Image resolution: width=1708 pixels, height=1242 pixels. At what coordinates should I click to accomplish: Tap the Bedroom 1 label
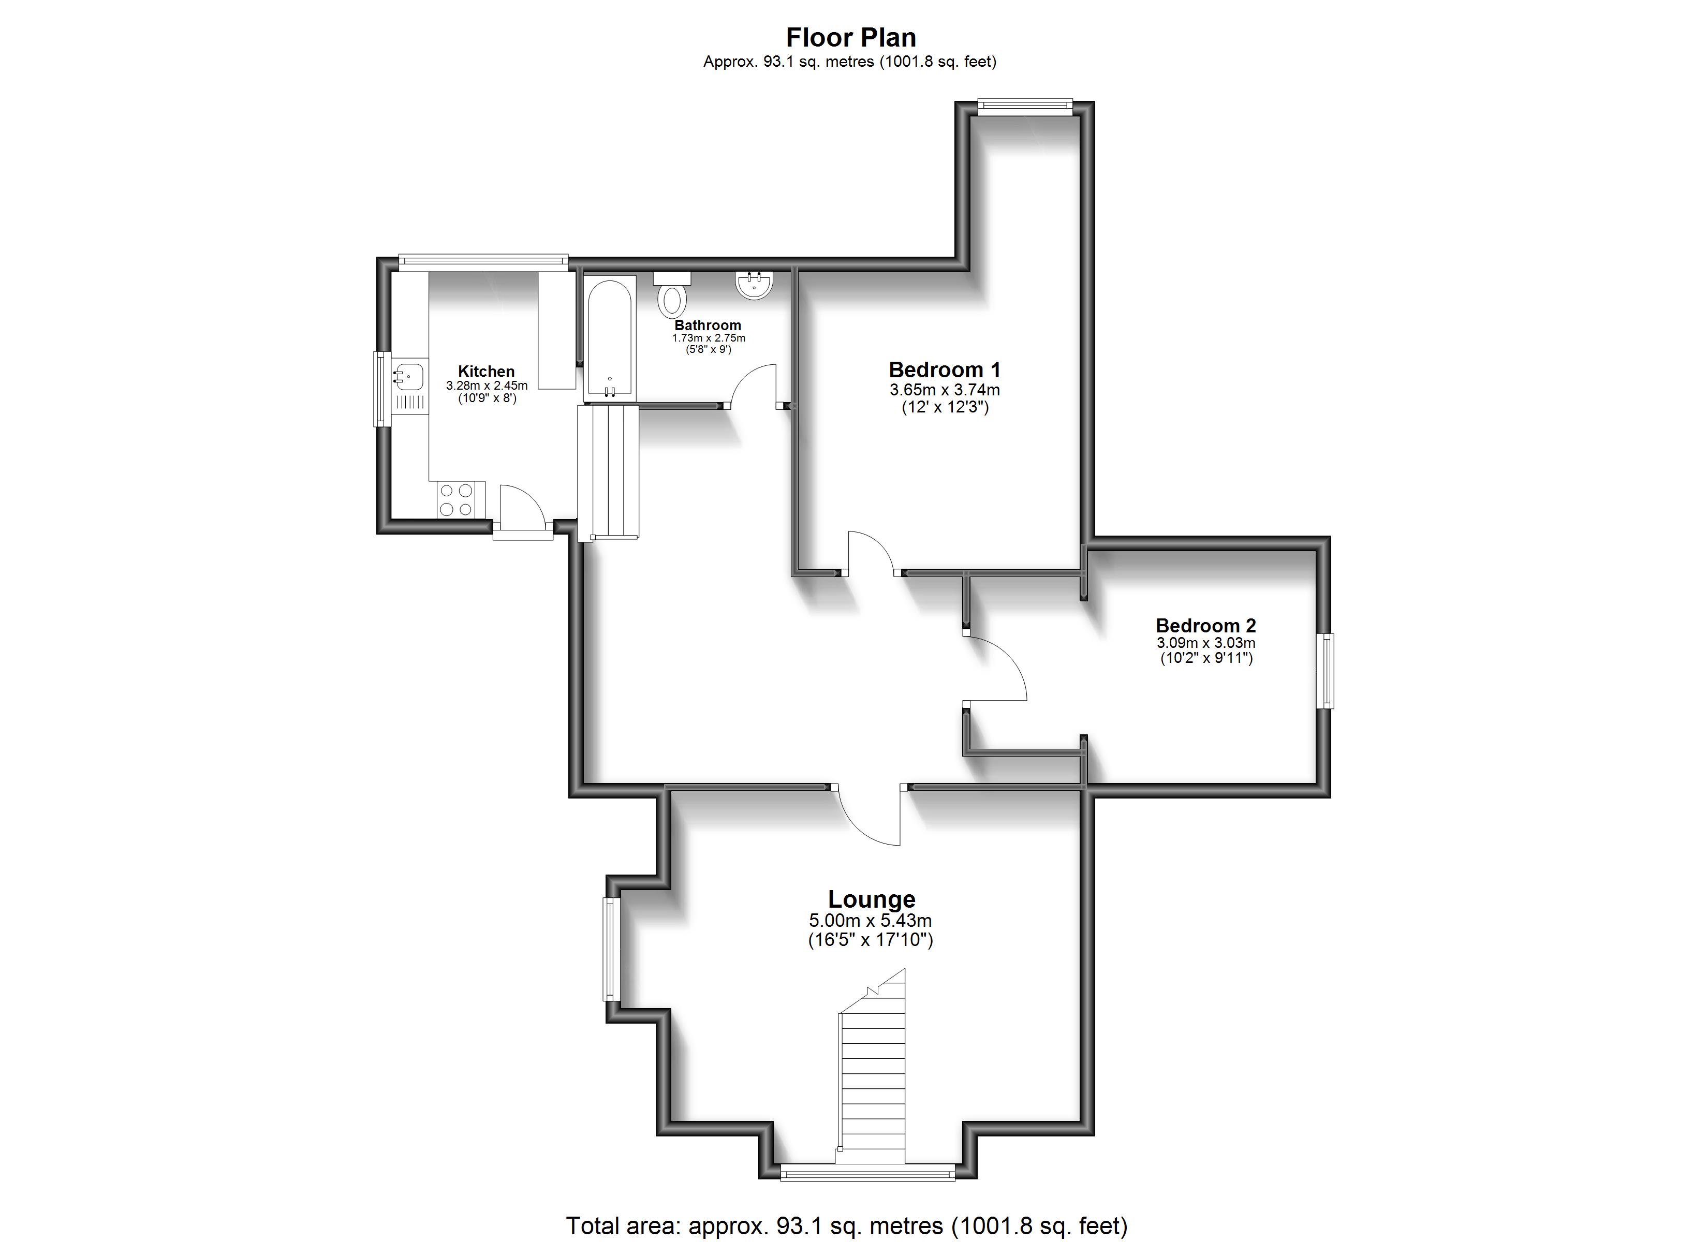pos(945,370)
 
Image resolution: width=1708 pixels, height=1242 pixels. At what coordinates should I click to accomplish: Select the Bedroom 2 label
pos(1205,625)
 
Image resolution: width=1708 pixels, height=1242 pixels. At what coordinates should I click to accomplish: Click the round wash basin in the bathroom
pos(753,285)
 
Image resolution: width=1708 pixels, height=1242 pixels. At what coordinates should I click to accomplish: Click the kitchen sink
pos(409,374)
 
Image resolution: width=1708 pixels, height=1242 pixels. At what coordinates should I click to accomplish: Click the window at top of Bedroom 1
pos(1025,106)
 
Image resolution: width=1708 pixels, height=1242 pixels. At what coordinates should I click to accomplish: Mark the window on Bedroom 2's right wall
pos(1326,670)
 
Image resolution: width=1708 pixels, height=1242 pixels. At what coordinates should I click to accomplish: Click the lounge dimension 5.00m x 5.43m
pos(870,921)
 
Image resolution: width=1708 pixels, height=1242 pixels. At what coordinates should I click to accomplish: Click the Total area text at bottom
pos(846,1225)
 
